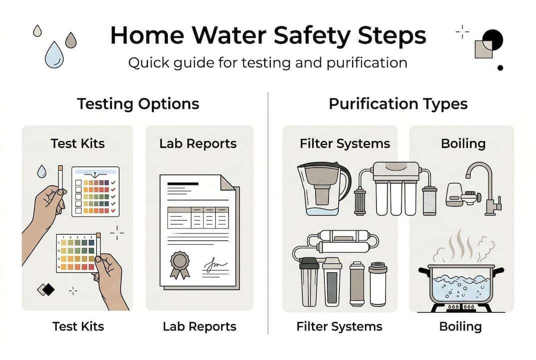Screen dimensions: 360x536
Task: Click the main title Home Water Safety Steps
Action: point(268,36)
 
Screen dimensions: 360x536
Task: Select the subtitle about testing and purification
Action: point(268,63)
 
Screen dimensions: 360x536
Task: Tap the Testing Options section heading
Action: point(138,103)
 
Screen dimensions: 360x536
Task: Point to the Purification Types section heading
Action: point(398,103)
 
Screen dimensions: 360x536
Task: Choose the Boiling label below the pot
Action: point(461,327)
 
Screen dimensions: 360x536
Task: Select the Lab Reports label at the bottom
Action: point(199,327)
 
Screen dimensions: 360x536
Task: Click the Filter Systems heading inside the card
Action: point(345,144)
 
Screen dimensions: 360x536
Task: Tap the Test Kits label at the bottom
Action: point(78,327)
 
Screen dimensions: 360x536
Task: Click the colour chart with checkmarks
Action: point(95,191)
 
